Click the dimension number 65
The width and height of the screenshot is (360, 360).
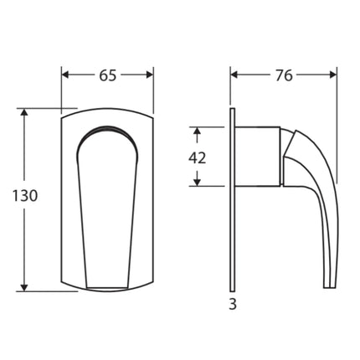coord(108,75)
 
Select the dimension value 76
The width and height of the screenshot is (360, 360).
coord(284,75)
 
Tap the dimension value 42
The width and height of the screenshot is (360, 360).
coord(197,157)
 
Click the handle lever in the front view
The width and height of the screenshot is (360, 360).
coord(107,209)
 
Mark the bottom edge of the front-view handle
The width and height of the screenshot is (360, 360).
coord(107,286)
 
